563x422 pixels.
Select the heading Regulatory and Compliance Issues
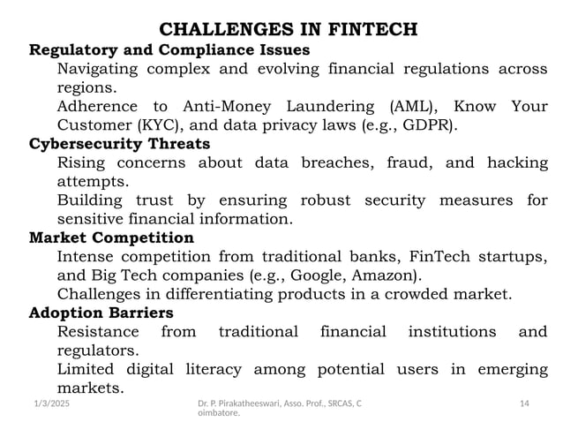click(x=169, y=49)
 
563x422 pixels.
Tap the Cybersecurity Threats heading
click(x=119, y=144)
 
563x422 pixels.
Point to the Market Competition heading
click(x=111, y=238)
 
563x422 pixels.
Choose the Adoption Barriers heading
click(x=101, y=313)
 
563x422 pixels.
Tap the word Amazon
click(x=389, y=276)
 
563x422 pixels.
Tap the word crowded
click(x=418, y=295)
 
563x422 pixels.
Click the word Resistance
click(x=98, y=333)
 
